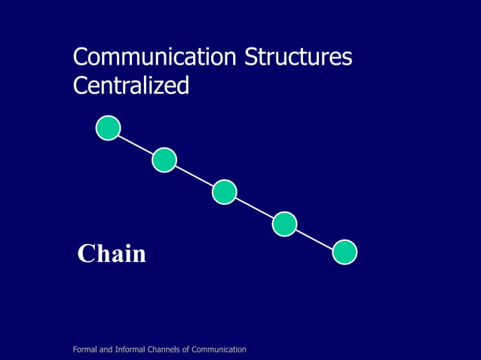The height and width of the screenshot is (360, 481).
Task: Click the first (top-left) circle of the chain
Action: tap(109, 128)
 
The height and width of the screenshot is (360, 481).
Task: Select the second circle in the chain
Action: tap(164, 160)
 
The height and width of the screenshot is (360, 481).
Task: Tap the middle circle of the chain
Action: tap(225, 192)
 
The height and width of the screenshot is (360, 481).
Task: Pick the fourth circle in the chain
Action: tap(284, 224)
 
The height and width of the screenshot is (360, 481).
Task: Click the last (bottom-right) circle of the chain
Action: tap(345, 252)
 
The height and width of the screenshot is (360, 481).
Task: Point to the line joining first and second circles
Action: tap(136, 144)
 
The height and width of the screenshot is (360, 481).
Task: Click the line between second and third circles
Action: tap(195, 176)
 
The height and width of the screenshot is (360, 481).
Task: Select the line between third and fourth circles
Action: tap(255, 208)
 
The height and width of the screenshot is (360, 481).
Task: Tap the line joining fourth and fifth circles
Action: tap(314, 238)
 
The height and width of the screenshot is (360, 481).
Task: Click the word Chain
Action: tap(112, 255)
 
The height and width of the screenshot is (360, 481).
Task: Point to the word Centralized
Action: tap(130, 86)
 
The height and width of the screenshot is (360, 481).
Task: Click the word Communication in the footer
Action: tap(219, 349)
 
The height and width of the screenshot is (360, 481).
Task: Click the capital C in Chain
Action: tap(86, 255)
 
